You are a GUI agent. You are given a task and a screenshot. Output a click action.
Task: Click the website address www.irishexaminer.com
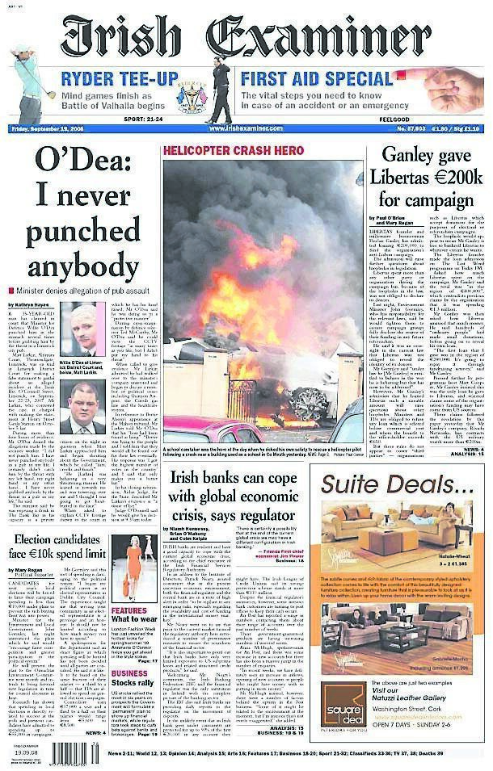pyautogui.click(x=246, y=129)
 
